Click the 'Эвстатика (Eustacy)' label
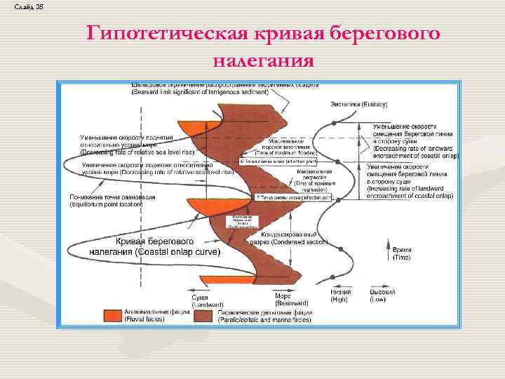(x=359, y=104)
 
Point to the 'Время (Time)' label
(x=401, y=253)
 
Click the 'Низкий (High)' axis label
(x=341, y=295)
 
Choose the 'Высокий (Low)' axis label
(x=382, y=295)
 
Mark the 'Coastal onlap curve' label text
(x=154, y=246)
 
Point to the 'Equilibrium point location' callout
(x=112, y=201)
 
